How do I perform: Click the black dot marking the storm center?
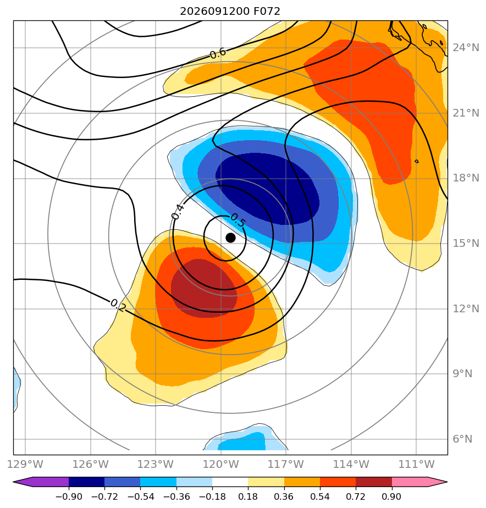coord(230,238)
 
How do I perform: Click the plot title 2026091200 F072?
coord(230,12)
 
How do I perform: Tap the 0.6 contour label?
coord(218,53)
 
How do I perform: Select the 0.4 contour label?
coord(178,212)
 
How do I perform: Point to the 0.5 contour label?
coord(238,220)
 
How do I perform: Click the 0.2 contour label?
coord(118,305)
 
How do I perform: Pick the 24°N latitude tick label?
coord(466,48)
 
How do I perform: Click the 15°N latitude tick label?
coord(466,244)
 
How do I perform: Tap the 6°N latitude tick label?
coord(463,439)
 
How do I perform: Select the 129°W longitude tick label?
coord(25,464)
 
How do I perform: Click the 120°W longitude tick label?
coord(221,464)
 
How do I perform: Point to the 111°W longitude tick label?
coord(416,464)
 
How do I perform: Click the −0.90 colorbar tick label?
coord(69,496)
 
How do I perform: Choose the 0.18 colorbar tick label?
coord(248,496)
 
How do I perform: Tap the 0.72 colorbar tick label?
coord(356,496)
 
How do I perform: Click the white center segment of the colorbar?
coord(230,482)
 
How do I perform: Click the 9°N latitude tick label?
coord(463,374)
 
